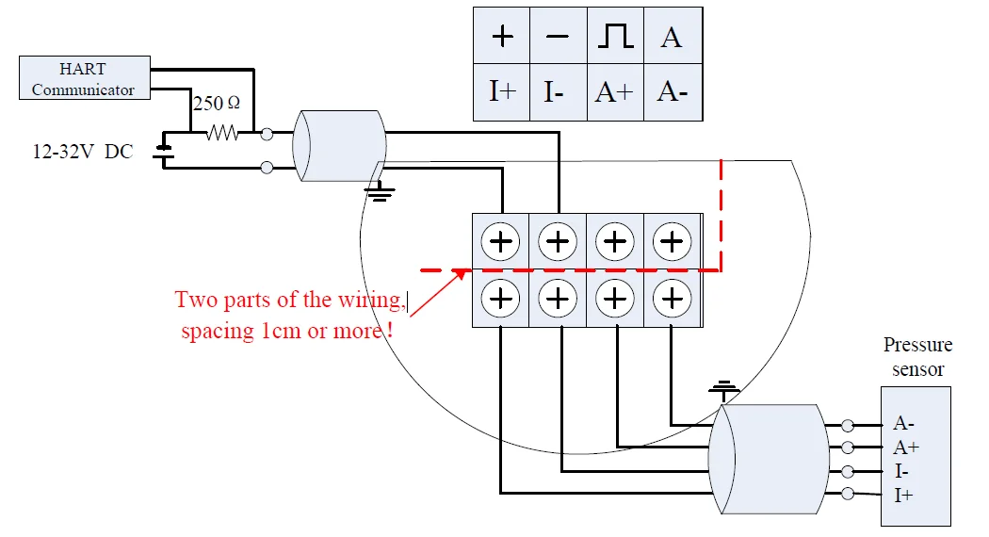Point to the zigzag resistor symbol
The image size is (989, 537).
[224, 135]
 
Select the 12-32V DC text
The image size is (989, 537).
[83, 152]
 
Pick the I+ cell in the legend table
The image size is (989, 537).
[502, 92]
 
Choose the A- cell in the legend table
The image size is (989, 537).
[672, 92]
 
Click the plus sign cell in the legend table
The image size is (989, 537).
[502, 37]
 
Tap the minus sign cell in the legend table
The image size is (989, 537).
[558, 37]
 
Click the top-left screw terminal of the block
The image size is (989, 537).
[501, 242]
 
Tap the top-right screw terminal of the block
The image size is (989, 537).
[672, 242]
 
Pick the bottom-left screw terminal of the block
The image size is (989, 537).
[501, 300]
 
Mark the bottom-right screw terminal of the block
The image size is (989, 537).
[672, 300]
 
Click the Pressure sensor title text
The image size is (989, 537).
[917, 357]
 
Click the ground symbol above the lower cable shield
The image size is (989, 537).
[723, 387]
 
